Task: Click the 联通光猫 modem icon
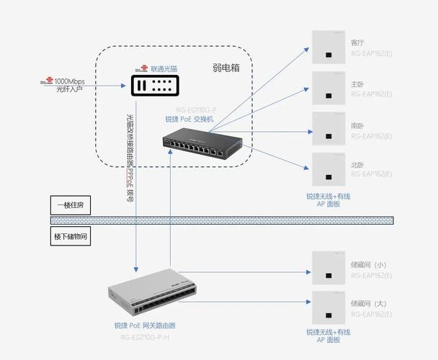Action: (x=155, y=86)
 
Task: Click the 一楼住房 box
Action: (x=71, y=204)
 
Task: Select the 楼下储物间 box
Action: (x=71, y=235)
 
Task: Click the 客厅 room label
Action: (x=357, y=42)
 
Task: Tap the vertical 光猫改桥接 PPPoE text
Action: (x=130, y=156)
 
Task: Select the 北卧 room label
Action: (x=357, y=165)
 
